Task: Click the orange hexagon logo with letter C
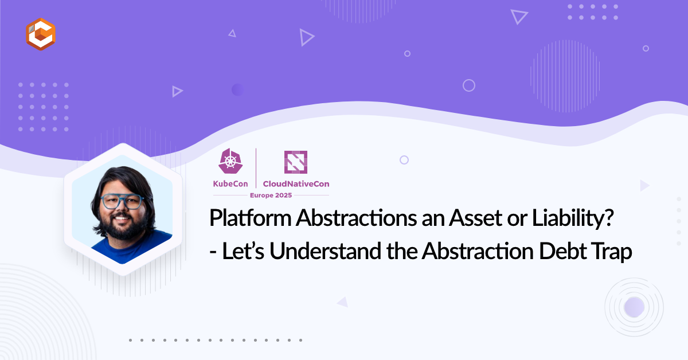[x=41, y=34]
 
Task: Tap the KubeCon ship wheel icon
[x=230, y=161]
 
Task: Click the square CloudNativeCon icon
[x=296, y=162]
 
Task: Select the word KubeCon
[x=230, y=183]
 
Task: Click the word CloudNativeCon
[x=296, y=183]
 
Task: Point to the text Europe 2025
[x=271, y=195]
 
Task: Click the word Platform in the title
[x=250, y=218]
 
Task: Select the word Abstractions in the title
[x=356, y=218]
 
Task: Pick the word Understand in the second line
[x=325, y=251]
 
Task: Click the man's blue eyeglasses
[x=122, y=201]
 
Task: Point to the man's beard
[x=123, y=226]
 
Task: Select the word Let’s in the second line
[x=243, y=251]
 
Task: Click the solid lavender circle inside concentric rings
[x=634, y=307]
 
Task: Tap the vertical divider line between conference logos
[x=256, y=168]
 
